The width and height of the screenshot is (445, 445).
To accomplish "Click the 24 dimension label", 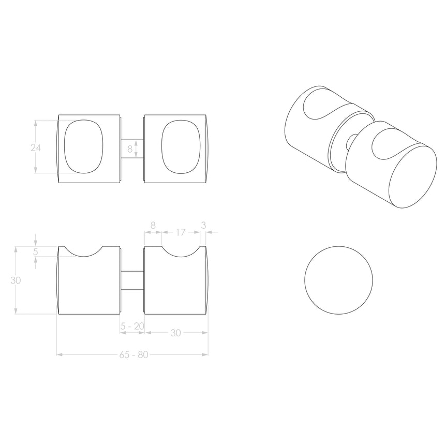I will click(35, 147).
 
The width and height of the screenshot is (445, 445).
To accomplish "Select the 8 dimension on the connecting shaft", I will click(130, 150).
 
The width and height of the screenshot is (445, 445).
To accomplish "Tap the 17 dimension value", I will click(180, 233).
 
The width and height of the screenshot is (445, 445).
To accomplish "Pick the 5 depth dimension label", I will click(35, 252).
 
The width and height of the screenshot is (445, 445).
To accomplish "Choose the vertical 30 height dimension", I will click(17, 280).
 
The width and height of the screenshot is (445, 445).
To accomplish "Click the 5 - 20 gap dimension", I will click(132, 326).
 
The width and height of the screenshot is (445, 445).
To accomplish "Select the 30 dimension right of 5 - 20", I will click(175, 333).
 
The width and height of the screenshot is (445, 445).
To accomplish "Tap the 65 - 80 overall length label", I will click(133, 355).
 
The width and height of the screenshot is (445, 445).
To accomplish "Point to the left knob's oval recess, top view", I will click(84, 146).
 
